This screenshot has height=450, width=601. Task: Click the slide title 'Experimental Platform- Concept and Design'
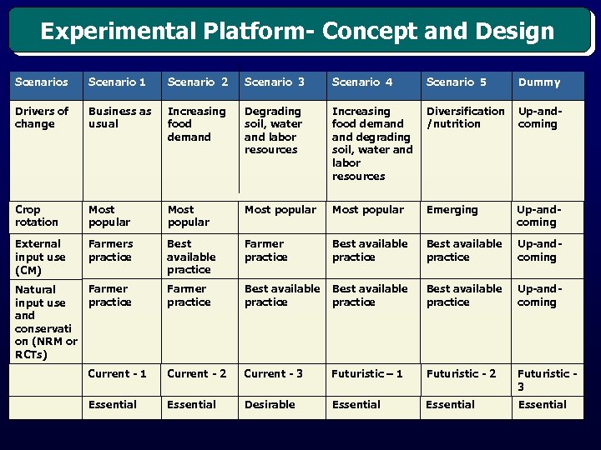297,32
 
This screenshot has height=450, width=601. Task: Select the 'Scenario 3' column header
274,82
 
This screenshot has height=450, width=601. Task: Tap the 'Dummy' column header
539,82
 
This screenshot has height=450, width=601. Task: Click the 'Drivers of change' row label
42,117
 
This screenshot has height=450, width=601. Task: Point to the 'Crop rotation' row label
37,216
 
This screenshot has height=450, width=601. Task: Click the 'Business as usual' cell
120,117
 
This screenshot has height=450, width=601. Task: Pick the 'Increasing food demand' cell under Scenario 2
196,123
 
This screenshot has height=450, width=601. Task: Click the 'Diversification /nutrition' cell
465,117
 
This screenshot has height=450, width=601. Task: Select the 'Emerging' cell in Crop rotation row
452,210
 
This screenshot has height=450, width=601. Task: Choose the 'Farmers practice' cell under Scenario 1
110,250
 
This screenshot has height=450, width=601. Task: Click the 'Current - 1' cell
117,374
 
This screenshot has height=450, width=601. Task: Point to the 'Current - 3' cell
273,374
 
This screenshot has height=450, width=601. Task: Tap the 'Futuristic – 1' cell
367,374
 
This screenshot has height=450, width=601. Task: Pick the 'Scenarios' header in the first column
42,82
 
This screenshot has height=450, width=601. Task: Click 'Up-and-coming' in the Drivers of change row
539,117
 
